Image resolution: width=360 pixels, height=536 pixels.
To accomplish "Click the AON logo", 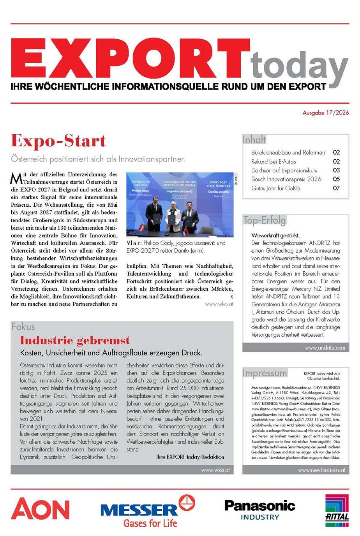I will tap(40, 509).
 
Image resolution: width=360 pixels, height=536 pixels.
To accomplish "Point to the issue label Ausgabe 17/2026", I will tap(326, 113).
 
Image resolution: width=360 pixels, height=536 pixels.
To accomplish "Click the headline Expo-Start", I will tap(58, 141).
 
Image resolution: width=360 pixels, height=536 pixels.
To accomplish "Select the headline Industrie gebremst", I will tap(75, 340).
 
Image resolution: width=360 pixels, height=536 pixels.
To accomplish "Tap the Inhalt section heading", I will tap(254, 139).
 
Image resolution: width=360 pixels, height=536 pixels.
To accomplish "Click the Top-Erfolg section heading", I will tap(264, 220).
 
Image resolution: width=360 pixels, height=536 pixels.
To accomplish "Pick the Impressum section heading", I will tap(265, 373).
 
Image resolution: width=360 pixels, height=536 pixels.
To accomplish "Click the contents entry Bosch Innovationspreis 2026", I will tap(286, 179).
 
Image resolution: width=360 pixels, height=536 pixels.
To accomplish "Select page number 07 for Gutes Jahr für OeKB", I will tap(336, 188).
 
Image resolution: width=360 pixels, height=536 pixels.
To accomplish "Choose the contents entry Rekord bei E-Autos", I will tap(273, 161).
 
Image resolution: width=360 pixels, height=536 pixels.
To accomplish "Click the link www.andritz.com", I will tap(325, 348).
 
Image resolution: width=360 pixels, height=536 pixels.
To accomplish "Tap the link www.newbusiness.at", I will tap(321, 470).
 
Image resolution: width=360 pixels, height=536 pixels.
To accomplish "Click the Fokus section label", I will tap(23, 327).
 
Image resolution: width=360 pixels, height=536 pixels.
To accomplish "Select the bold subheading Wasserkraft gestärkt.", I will tap(275, 235).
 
